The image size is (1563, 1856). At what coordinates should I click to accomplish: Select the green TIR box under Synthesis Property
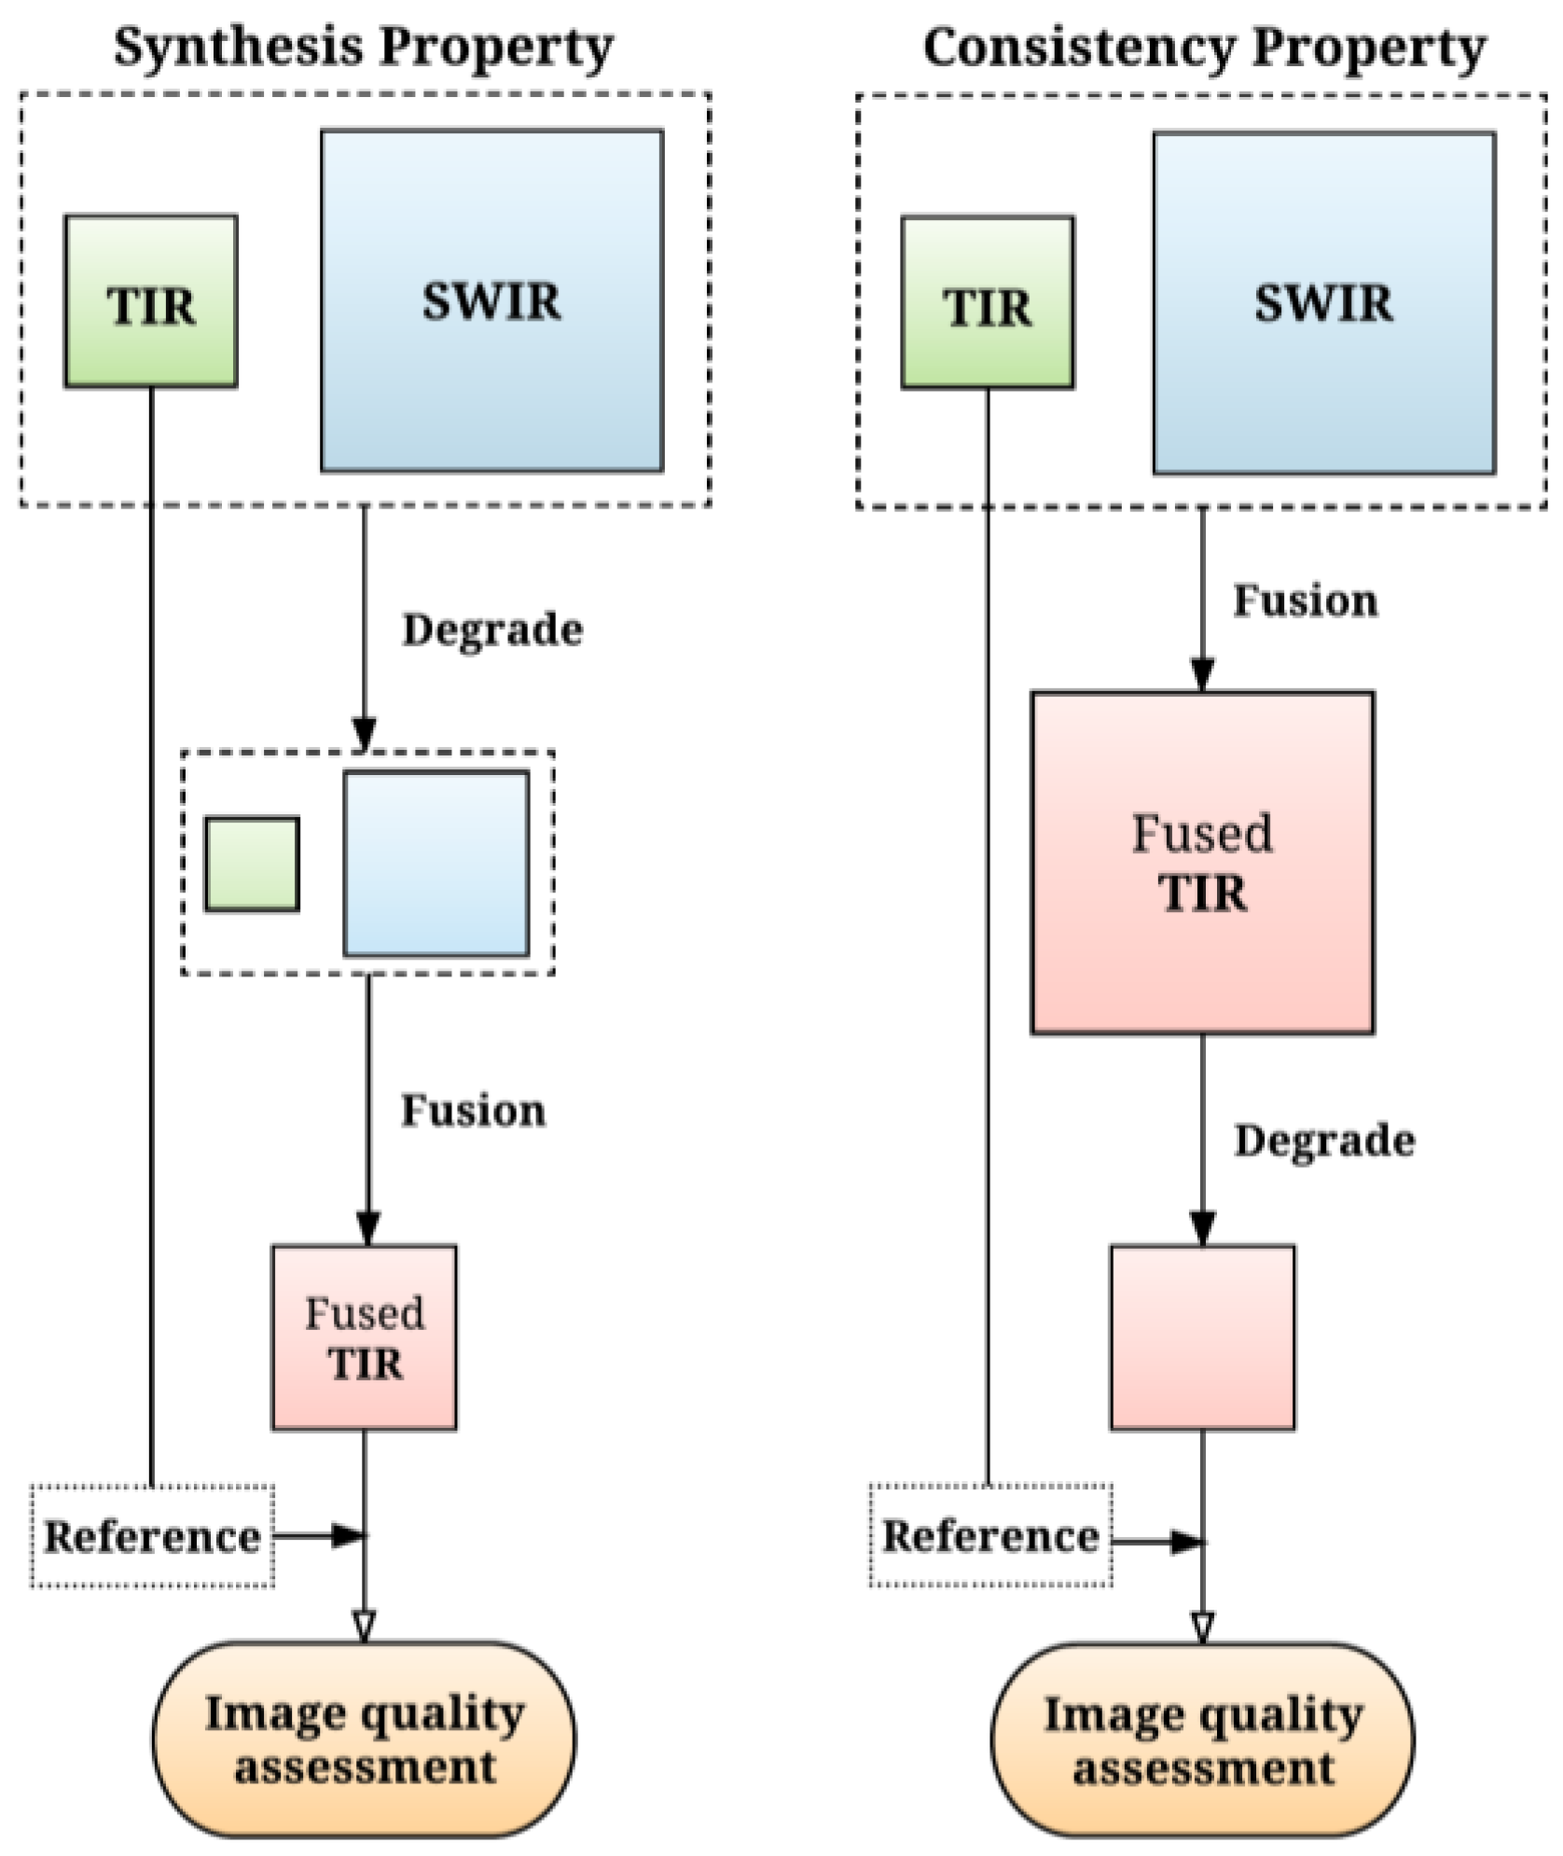point(151,301)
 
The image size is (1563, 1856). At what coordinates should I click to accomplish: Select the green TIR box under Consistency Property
point(988,302)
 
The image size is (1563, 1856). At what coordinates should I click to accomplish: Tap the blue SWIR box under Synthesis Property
point(492,300)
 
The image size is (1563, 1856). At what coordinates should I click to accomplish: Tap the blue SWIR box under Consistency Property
point(1324,303)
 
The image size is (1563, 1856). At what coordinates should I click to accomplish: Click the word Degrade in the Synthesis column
point(492,630)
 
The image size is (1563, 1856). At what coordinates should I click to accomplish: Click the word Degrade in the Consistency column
point(1324,1140)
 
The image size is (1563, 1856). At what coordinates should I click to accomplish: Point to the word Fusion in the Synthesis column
point(473,1110)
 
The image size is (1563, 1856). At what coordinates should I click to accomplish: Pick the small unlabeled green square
point(253,864)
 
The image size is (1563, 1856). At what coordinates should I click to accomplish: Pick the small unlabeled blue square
point(436,864)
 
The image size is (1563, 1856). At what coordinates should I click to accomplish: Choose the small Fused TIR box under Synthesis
point(365,1337)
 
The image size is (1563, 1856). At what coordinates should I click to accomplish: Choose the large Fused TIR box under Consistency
point(1202,863)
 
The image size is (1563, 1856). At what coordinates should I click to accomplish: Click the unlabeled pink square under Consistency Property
point(1202,1337)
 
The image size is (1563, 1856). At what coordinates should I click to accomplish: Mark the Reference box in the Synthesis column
point(152,1536)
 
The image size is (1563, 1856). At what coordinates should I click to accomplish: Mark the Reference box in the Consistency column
point(990,1535)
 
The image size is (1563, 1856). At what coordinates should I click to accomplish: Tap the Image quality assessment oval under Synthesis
point(365,1739)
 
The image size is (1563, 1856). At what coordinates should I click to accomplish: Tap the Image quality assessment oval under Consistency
point(1202,1740)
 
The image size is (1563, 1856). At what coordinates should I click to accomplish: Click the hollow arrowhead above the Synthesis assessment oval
point(364,1626)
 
